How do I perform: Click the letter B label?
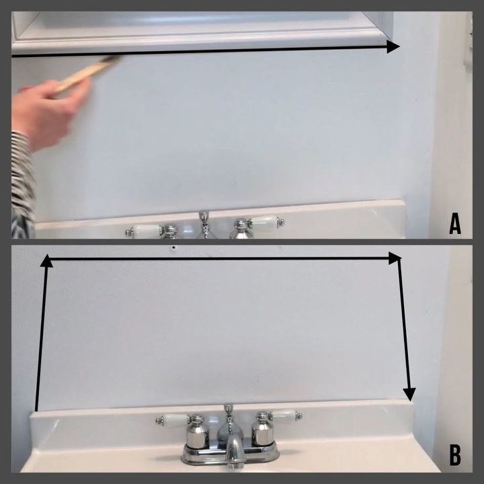point(455,454)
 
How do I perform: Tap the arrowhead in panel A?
point(393,47)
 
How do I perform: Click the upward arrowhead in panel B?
point(46,261)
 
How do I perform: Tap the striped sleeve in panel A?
point(22,186)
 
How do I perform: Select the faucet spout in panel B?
point(235,449)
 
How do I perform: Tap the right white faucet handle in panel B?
point(284,415)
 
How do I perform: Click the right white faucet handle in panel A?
point(266,222)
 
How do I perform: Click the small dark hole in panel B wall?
point(174,247)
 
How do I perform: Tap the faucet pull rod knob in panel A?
point(204,216)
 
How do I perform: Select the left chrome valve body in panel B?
point(198,431)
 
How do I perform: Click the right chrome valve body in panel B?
point(263,429)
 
